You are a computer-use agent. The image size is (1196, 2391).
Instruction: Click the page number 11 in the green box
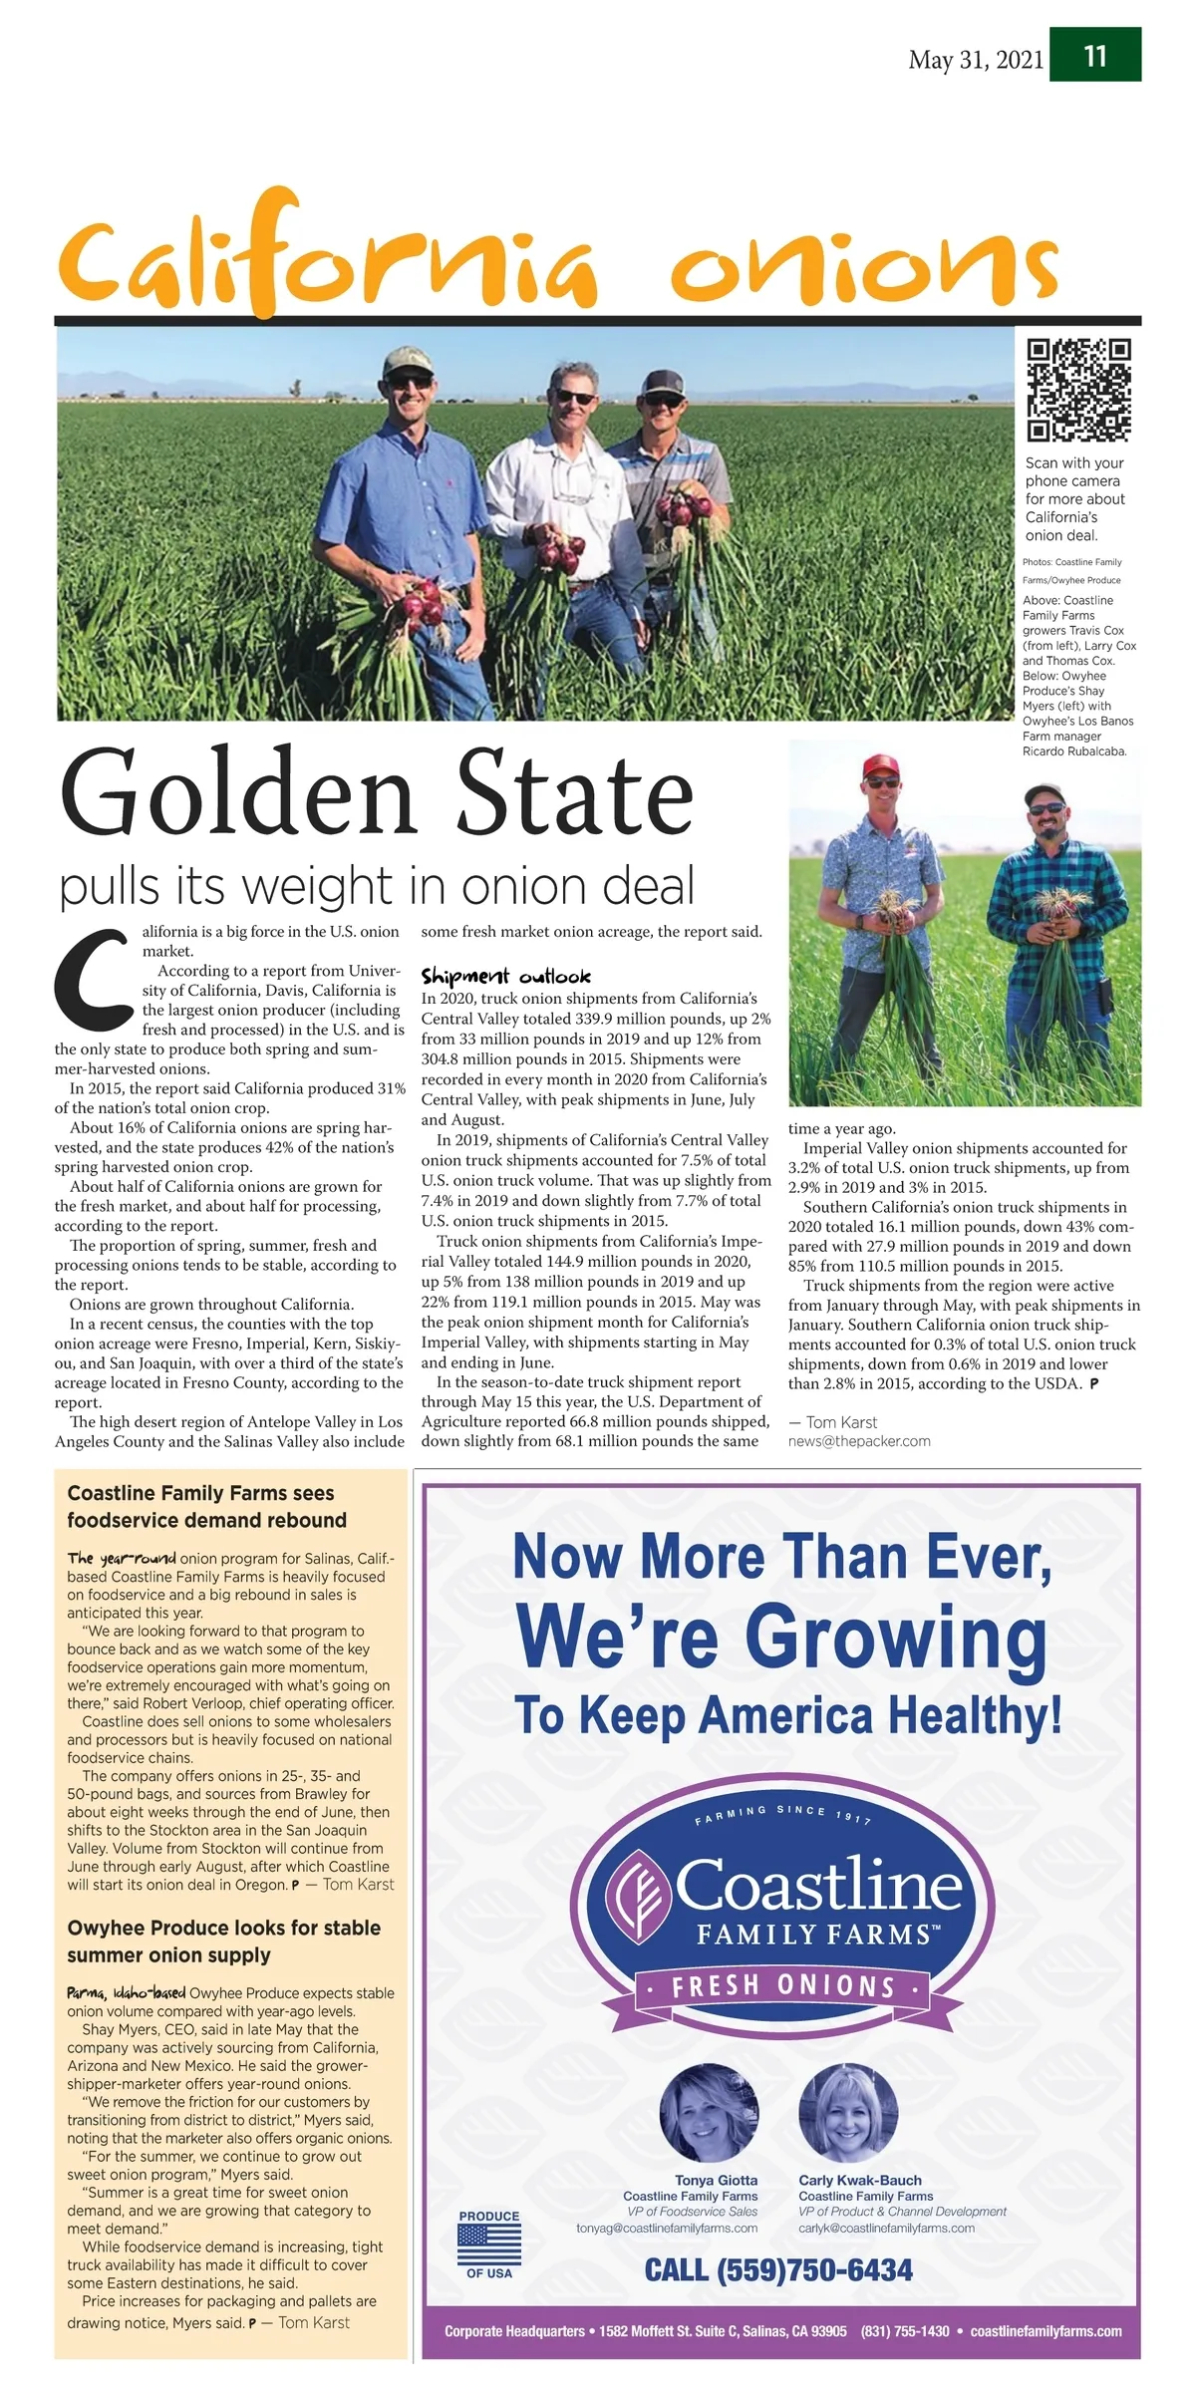click(x=1095, y=56)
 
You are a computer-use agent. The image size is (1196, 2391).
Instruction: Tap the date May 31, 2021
click(x=976, y=60)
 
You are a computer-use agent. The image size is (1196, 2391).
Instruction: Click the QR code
click(x=1079, y=390)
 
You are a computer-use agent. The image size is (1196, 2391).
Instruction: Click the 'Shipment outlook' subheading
click(x=505, y=976)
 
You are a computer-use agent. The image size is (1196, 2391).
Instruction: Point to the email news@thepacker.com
click(x=859, y=1440)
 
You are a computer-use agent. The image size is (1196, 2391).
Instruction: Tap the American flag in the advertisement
click(x=489, y=2245)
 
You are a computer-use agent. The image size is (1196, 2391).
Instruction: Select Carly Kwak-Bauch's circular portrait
click(x=848, y=2112)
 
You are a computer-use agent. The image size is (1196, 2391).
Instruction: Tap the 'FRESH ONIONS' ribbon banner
click(x=782, y=1985)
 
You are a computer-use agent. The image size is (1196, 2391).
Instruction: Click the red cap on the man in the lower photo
click(x=880, y=764)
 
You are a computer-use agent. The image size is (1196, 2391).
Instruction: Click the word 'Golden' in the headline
click(x=236, y=794)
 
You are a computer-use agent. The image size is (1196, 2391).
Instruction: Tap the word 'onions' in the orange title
click(x=862, y=267)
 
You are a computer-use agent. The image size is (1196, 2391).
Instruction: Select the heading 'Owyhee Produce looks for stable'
click(x=223, y=1928)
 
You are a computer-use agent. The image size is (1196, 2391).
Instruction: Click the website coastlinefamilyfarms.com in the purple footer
click(x=1046, y=2331)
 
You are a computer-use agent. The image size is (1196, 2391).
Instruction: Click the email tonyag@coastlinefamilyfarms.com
click(x=667, y=2228)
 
